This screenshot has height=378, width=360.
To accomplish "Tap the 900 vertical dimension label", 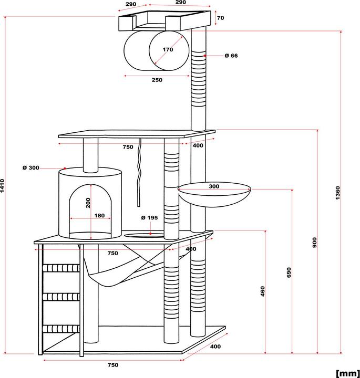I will coord(314,242).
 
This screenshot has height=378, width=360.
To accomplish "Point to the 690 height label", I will coord(289,272).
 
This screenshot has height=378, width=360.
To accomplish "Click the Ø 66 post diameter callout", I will coord(231,56).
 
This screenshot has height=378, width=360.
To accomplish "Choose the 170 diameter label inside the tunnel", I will coord(167,50).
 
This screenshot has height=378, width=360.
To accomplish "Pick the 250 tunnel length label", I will coord(156,80).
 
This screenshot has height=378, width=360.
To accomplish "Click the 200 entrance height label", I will coord(89,203).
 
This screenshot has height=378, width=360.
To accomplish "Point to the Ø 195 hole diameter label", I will coord(149,218).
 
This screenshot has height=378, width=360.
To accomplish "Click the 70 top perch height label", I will coord(220,18).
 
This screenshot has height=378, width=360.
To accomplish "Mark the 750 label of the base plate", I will coord(112,365).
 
